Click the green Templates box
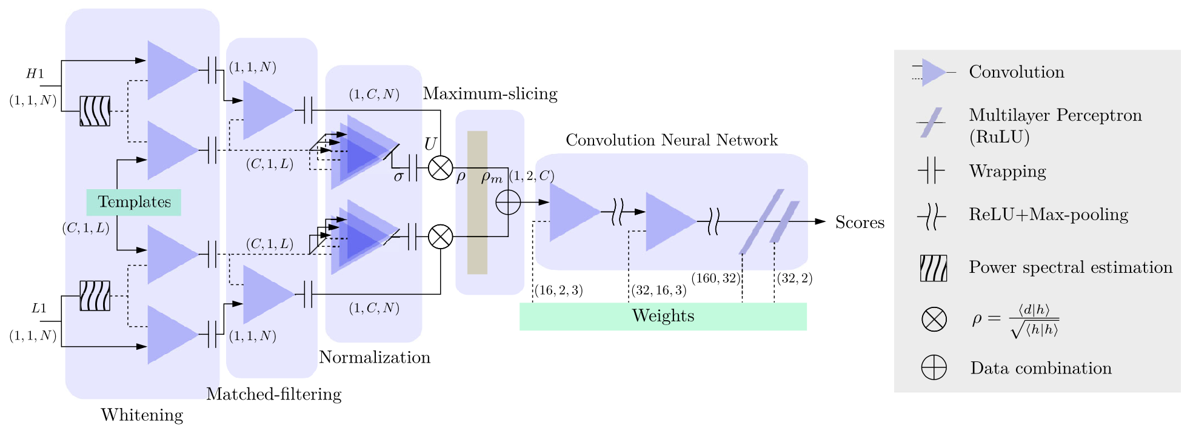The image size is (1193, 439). click(x=134, y=202)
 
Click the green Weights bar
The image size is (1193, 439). click(x=663, y=316)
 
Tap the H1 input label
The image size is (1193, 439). click(x=35, y=74)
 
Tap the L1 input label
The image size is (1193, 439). click(x=38, y=308)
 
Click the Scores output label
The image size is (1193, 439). click(x=859, y=223)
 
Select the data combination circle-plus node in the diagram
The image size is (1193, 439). click(x=508, y=203)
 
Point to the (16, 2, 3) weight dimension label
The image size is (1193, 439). click(x=558, y=290)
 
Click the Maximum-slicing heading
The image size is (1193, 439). click(x=490, y=93)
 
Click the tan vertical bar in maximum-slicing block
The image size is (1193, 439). click(x=477, y=202)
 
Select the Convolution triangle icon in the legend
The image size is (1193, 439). click(x=934, y=73)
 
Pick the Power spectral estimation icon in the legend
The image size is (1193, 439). click(x=933, y=268)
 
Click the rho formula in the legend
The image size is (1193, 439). click(x=1015, y=320)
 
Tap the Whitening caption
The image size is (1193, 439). click(x=142, y=415)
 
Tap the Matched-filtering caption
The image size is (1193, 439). click(x=274, y=394)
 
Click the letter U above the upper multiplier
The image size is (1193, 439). click(x=430, y=144)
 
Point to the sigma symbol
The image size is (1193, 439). click(x=398, y=176)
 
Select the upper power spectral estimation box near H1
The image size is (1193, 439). click(x=95, y=111)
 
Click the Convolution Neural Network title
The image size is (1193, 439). click(x=671, y=140)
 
